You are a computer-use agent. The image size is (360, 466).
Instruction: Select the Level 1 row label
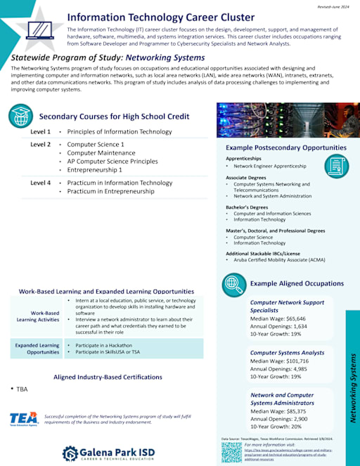(x=40, y=132)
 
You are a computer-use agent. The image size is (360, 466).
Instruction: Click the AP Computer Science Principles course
(x=112, y=162)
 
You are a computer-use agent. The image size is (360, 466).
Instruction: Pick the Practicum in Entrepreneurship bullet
(x=110, y=191)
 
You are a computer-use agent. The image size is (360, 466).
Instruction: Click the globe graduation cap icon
(x=20, y=115)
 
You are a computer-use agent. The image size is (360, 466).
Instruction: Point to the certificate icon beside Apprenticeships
(x=336, y=166)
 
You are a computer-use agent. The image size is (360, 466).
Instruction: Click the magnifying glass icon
(x=233, y=284)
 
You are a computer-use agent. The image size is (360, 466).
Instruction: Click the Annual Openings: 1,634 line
(x=279, y=326)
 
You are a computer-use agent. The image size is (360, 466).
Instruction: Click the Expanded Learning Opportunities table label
(x=39, y=349)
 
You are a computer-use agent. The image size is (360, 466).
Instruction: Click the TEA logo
(x=24, y=418)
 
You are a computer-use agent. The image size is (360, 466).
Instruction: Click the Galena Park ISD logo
(x=113, y=453)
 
